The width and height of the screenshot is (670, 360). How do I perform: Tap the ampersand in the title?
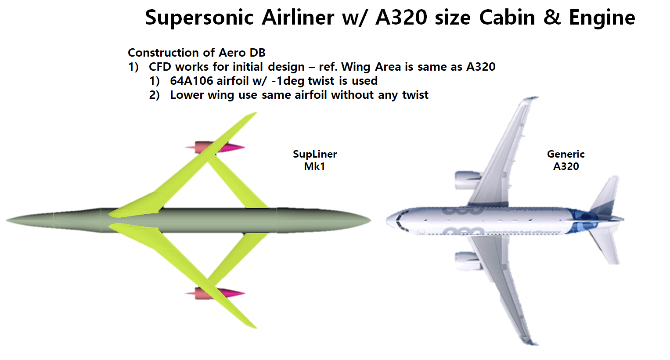[x=552, y=18]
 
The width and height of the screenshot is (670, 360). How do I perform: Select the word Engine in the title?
[x=602, y=18]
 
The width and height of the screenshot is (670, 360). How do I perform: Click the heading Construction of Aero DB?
[x=196, y=53]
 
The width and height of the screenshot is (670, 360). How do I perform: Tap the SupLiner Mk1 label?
[x=315, y=160]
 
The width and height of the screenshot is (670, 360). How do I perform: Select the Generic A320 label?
[x=566, y=160]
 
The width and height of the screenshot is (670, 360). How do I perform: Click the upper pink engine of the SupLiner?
[x=215, y=148]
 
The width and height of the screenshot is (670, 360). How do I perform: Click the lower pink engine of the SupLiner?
[x=215, y=293]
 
